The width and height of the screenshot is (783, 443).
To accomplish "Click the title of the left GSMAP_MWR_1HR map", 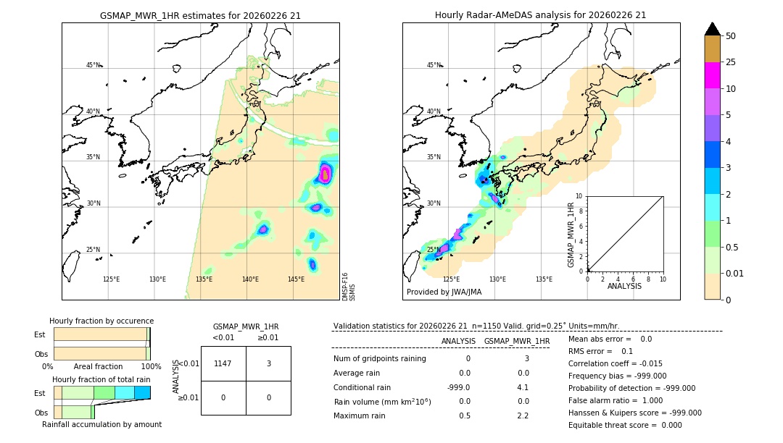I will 200,14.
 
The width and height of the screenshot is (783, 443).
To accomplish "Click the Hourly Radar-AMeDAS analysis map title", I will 540,14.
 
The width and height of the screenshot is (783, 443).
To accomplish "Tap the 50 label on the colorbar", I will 731,35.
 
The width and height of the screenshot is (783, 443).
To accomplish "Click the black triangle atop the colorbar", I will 712,29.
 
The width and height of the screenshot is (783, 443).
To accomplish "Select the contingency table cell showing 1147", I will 223,363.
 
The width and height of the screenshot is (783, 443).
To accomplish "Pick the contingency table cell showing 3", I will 268,363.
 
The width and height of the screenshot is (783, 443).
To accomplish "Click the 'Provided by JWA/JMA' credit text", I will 444,292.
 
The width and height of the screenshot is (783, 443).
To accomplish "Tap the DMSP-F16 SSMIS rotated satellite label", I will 348,286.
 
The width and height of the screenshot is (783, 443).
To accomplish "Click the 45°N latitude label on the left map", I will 93,65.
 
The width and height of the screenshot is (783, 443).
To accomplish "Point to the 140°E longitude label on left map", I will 250,279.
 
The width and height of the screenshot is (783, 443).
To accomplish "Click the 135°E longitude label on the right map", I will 544,279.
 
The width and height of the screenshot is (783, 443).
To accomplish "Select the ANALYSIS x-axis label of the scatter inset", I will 624,286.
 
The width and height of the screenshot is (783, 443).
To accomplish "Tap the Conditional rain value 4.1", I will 522,387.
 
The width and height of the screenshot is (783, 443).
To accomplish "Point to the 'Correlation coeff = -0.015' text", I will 616,363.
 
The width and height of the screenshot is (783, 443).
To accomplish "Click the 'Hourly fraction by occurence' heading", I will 101,321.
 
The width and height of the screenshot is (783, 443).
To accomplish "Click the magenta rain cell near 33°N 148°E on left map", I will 326,173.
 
